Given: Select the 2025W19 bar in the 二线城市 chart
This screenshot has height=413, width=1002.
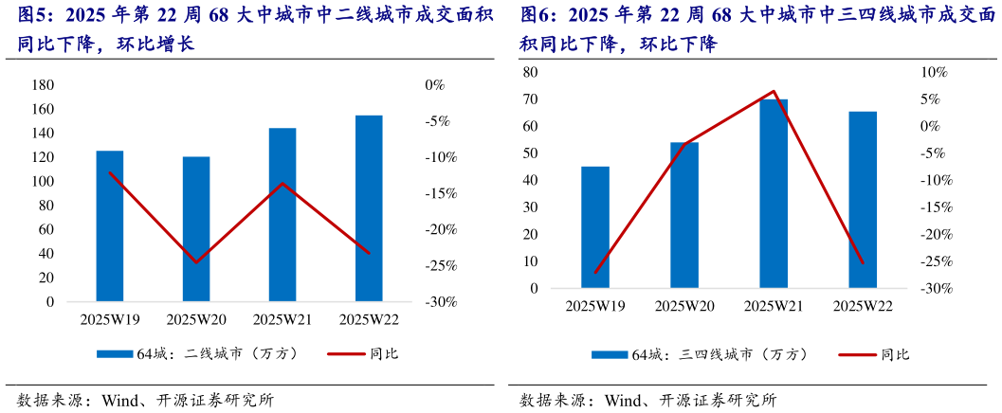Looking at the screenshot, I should coord(109,226).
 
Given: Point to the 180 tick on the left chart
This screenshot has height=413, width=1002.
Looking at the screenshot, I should coord(43,85).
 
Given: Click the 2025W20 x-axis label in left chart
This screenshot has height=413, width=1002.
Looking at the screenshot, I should coord(195,319).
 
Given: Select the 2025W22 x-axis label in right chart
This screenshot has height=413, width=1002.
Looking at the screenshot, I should coord(863,306).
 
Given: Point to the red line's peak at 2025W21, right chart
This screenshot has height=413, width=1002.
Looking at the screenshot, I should coord(774,92).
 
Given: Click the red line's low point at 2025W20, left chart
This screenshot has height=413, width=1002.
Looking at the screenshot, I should coord(195,262).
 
